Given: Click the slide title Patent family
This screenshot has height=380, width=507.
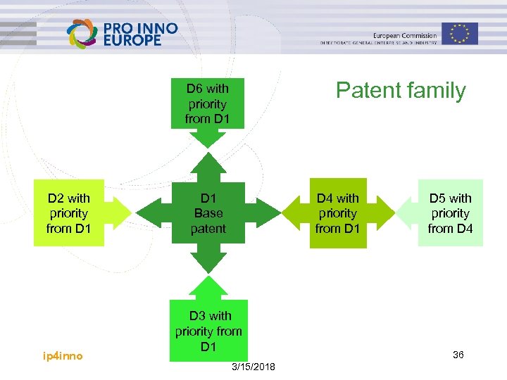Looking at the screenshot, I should [x=401, y=91].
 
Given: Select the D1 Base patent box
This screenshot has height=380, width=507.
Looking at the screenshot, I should [x=208, y=213].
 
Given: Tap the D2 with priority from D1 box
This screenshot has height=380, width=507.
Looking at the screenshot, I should [x=68, y=213].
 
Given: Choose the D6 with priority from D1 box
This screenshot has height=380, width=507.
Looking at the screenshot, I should [x=207, y=103].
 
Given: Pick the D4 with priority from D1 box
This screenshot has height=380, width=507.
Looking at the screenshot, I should [x=337, y=213].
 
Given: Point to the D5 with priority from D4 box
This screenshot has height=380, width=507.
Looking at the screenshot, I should [x=450, y=213].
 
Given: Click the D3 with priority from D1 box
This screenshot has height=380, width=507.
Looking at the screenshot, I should [x=208, y=331].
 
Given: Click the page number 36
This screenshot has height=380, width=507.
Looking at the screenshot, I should [x=458, y=355].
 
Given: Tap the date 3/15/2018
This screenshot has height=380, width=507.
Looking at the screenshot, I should [x=254, y=368].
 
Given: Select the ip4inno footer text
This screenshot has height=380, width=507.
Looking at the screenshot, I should [x=63, y=356].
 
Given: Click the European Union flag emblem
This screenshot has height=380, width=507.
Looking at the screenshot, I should [x=460, y=33].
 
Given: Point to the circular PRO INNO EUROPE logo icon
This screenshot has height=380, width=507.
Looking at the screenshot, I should [x=82, y=34].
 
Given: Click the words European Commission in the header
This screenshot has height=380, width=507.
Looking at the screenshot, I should [x=405, y=35].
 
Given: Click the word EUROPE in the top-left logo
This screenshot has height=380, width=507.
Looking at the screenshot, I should [x=132, y=40].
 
